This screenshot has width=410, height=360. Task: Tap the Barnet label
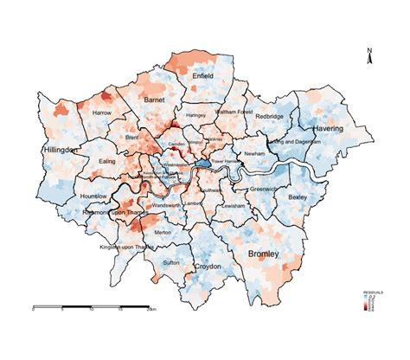pos(154,100)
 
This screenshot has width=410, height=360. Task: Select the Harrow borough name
pos(102,113)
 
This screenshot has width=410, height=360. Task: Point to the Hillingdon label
pos(61,150)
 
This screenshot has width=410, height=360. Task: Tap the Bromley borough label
pos(263,254)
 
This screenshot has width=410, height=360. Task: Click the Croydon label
pos(206,267)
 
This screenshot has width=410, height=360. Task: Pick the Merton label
pos(162,233)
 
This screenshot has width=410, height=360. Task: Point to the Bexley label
pos(298,197)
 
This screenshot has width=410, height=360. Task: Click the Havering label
pos(328,128)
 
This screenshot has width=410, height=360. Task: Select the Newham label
pos(254,153)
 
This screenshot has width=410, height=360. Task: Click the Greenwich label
pos(263,189)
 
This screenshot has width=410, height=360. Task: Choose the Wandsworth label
pos(164,205)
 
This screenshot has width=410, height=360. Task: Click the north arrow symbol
pos(370,57)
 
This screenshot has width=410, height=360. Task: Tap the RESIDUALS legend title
pos(374,292)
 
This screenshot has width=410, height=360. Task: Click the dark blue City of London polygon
pos(202,163)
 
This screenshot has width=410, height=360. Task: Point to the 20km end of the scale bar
pos(152,308)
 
